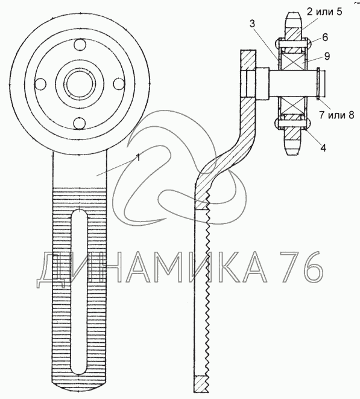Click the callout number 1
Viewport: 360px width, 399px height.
click(x=138, y=158)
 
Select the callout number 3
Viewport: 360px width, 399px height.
click(x=252, y=24)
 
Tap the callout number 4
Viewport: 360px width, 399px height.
click(x=323, y=148)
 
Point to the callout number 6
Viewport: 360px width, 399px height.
click(x=325, y=37)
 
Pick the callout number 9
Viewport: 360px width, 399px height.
click(x=327, y=56)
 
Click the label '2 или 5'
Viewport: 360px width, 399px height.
click(x=324, y=11)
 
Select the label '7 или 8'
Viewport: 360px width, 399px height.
click(x=336, y=115)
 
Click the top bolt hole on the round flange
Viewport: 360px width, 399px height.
click(x=80, y=45)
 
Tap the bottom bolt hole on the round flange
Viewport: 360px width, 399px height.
click(x=80, y=123)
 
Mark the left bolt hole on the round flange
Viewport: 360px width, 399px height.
click(x=40, y=84)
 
